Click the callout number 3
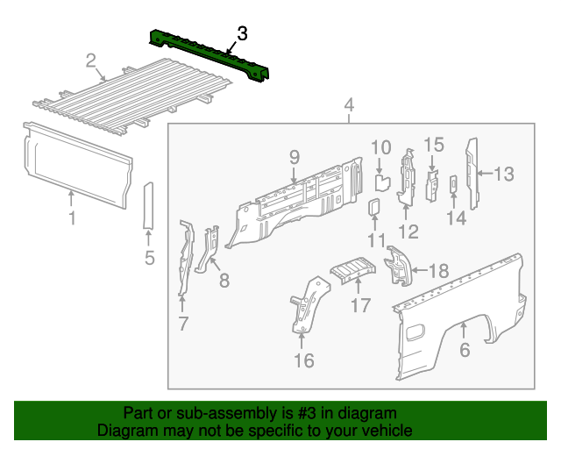242,33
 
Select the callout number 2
90,61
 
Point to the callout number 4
349,107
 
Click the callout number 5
149,258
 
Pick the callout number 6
465,350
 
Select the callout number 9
295,157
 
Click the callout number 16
302,360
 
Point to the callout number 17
361,305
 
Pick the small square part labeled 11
373,208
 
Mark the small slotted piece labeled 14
453,183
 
